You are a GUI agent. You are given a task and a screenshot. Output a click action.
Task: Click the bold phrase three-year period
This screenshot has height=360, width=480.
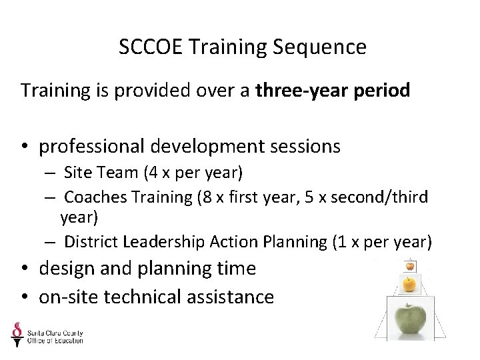pyautogui.click(x=333, y=90)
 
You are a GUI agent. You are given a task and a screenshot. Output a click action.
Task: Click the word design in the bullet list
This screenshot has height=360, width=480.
pyautogui.click(x=63, y=269)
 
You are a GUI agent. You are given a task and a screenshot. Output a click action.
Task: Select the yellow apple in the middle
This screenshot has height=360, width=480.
pyautogui.click(x=409, y=285)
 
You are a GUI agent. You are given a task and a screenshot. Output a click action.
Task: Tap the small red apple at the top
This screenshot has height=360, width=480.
pyautogui.click(x=410, y=266)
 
